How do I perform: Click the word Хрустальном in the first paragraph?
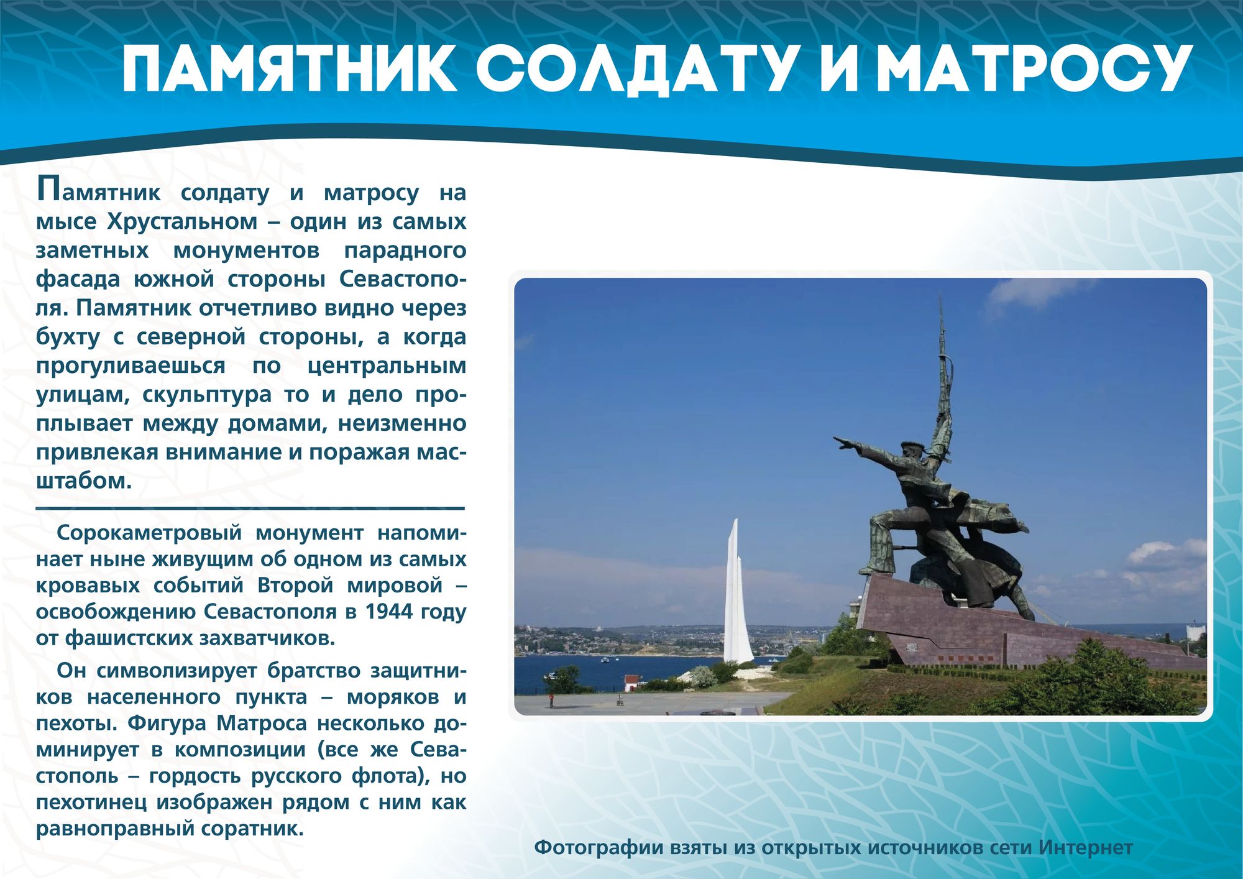pos(182,223)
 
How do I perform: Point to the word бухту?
pos(68,338)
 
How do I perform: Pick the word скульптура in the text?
pos(207,396)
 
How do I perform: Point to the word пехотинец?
pos(91,803)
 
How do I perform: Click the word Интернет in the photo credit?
pos(1086,848)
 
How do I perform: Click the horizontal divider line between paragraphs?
pos(250,509)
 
